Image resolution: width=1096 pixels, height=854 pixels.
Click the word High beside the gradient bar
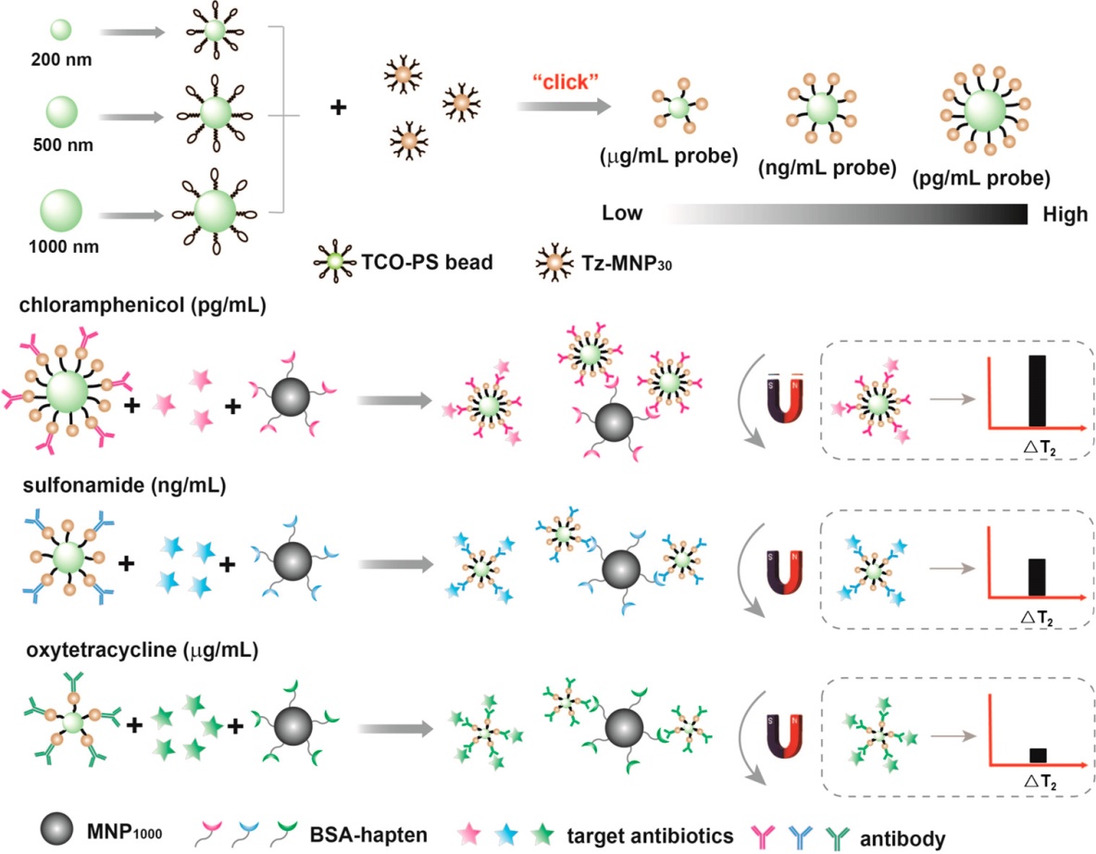click(x=1065, y=214)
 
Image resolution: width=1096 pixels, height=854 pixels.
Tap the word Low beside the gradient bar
click(x=623, y=214)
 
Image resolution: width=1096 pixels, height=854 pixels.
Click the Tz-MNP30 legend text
click(x=608, y=262)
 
